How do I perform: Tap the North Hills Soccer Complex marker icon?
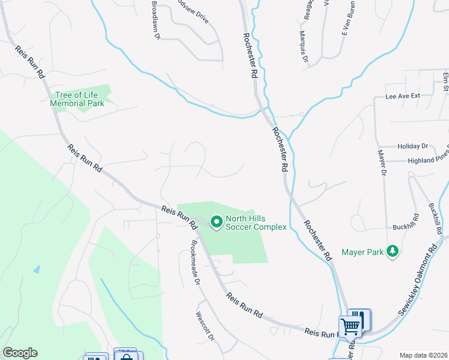(216, 223)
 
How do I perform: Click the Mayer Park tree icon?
(393, 251)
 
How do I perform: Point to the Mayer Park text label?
(363, 253)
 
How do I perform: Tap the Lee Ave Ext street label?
(402, 96)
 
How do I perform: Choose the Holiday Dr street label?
(412, 146)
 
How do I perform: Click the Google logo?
(20, 352)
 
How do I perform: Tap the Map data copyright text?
(423, 355)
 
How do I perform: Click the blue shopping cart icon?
(351, 327)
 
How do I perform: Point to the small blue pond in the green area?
(37, 269)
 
